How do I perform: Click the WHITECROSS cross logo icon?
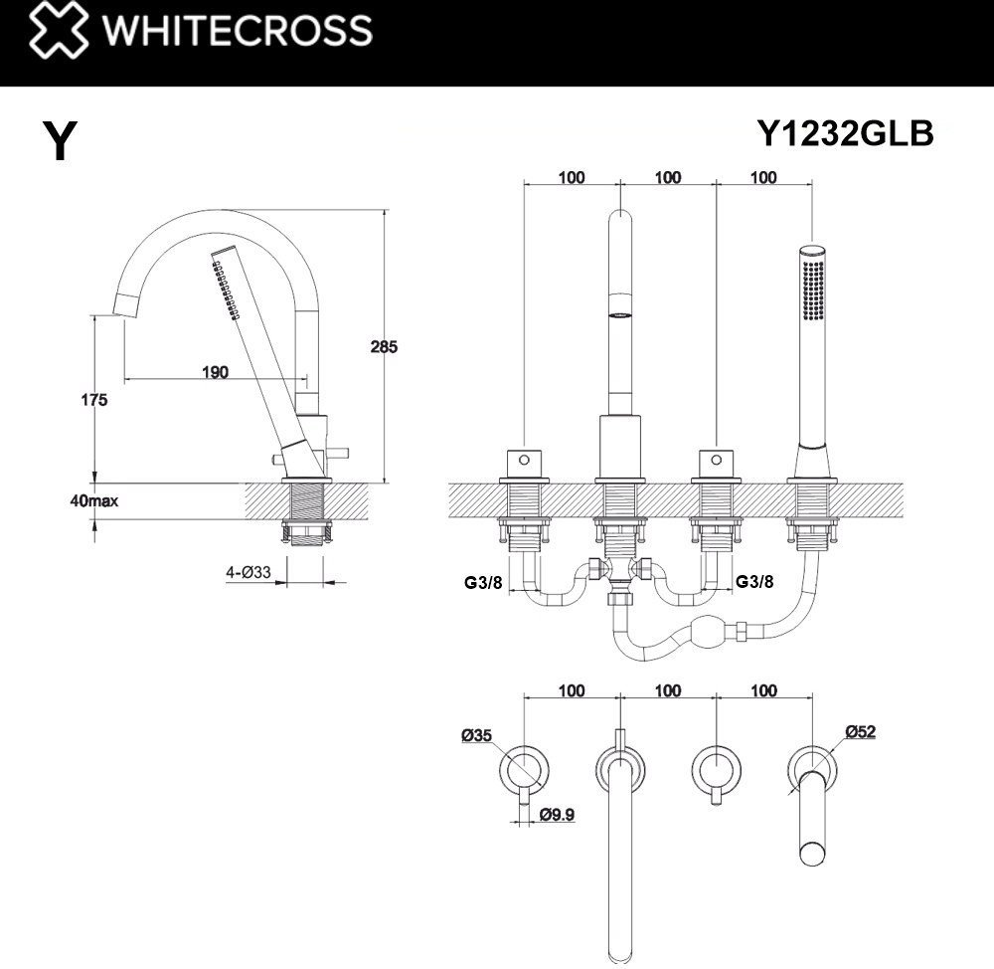coord(59,29)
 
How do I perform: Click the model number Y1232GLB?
coord(845,133)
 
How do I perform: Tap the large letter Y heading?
coord(61,140)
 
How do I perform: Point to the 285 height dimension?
coord(384,346)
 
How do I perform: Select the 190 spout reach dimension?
coord(215,372)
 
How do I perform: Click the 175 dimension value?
coord(93,400)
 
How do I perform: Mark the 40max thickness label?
coord(93,500)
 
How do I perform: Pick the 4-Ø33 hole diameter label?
coord(248,572)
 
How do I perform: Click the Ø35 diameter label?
coord(476,735)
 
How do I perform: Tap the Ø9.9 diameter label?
coord(558,814)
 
